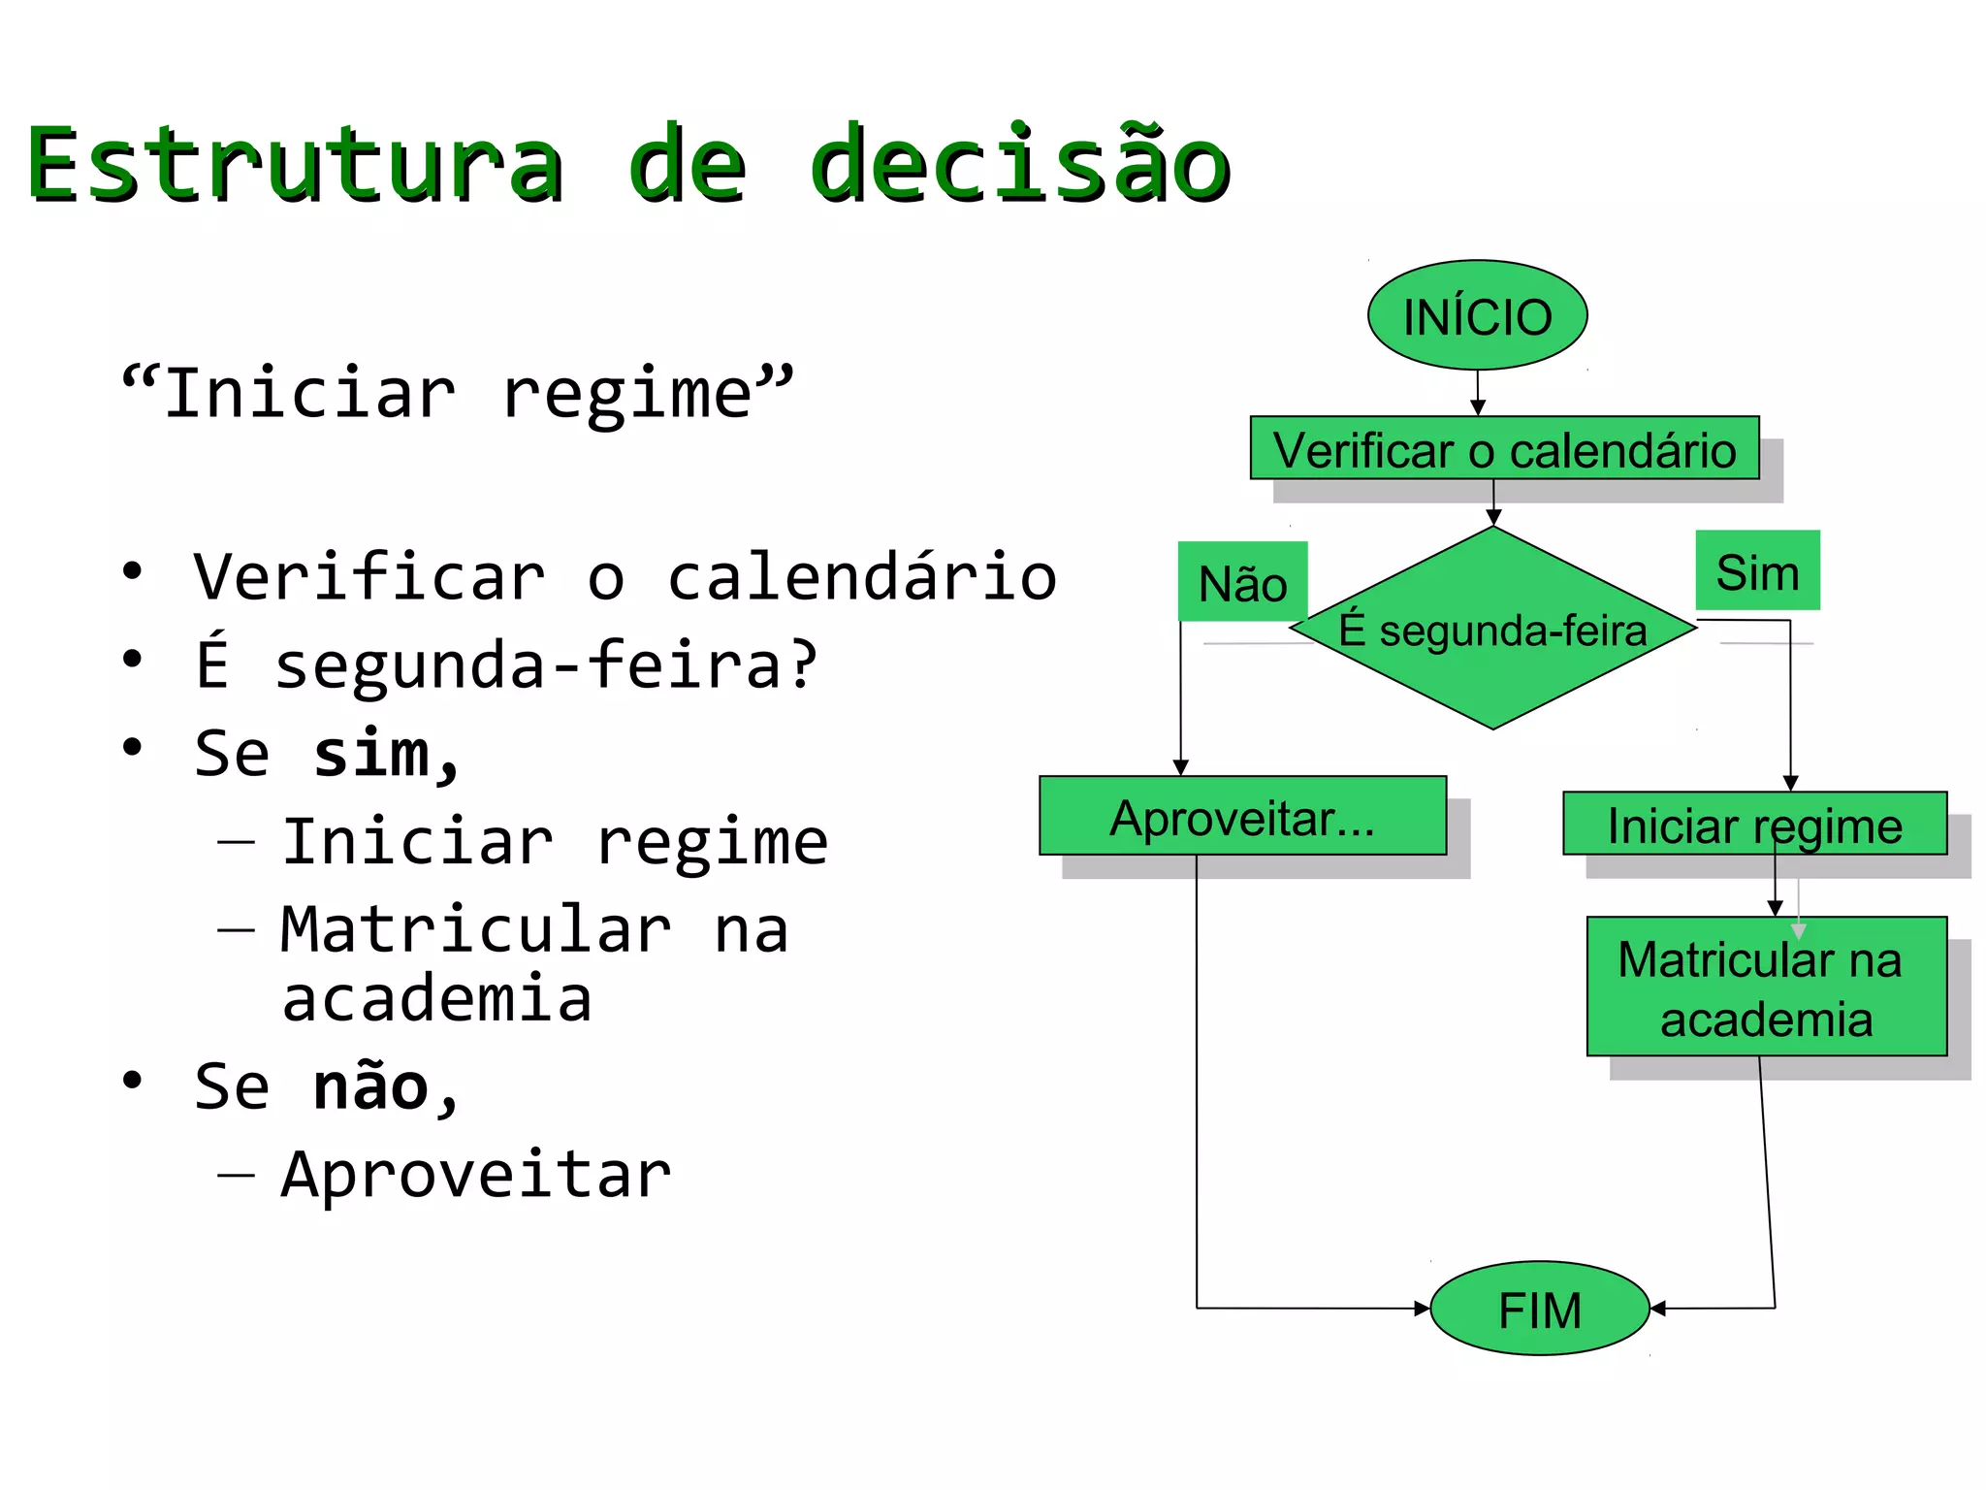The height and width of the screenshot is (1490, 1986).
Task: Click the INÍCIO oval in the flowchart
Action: click(x=1476, y=315)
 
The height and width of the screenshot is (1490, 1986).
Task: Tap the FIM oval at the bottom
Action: click(x=1539, y=1309)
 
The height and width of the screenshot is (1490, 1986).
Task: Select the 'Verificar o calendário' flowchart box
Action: click(x=1503, y=448)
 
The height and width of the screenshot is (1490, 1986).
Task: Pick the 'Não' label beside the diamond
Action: click(x=1242, y=582)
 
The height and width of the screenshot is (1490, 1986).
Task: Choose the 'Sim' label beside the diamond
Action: click(x=1757, y=570)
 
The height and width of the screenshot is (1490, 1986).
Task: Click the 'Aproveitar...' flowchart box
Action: click(x=1242, y=817)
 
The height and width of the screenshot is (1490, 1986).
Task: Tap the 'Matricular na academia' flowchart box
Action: click(x=1765, y=988)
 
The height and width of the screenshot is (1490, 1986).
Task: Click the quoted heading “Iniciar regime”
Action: click(x=457, y=393)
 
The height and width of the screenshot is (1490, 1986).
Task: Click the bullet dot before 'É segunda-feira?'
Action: click(x=133, y=660)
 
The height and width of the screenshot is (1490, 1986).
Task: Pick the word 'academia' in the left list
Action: click(x=436, y=999)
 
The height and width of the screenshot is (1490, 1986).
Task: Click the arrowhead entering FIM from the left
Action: click(x=1423, y=1309)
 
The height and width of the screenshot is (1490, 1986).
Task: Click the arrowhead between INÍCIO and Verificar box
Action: click(x=1477, y=408)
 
